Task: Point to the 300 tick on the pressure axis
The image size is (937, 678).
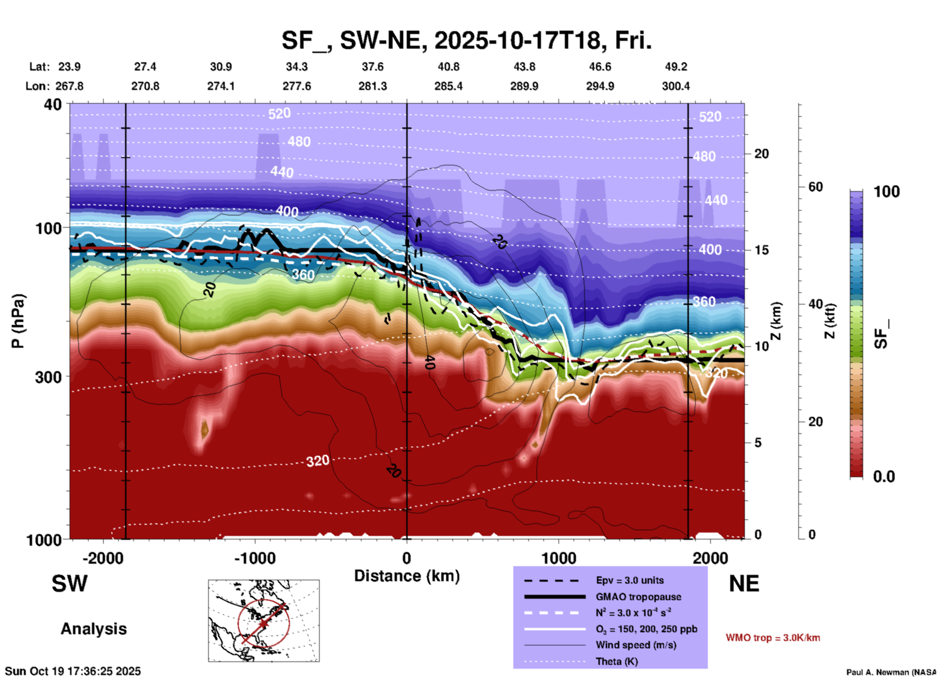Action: click(x=48, y=377)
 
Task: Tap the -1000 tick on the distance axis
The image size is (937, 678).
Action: click(x=254, y=558)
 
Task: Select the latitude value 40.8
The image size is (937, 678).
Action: click(x=448, y=67)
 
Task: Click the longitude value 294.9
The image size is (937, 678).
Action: click(x=600, y=86)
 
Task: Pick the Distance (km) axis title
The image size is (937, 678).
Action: click(x=407, y=576)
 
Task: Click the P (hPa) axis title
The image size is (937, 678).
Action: click(x=18, y=321)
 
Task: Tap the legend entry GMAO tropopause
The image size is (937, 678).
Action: click(x=638, y=597)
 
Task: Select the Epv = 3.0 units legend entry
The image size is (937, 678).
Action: click(x=630, y=580)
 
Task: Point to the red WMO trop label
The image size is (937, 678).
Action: click(x=773, y=638)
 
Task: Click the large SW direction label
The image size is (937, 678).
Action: click(x=70, y=584)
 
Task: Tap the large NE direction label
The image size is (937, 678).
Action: click(x=744, y=584)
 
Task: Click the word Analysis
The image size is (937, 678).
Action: click(x=93, y=629)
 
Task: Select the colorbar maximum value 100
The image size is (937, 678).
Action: click(x=886, y=192)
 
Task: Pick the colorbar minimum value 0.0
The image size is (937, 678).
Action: click(x=883, y=477)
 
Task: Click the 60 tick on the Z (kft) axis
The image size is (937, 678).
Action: click(x=815, y=187)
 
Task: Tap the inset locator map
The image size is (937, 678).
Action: click(x=264, y=620)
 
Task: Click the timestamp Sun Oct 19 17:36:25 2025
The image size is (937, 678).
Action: click(x=73, y=671)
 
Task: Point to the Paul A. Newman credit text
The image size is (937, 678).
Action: click(x=890, y=672)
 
